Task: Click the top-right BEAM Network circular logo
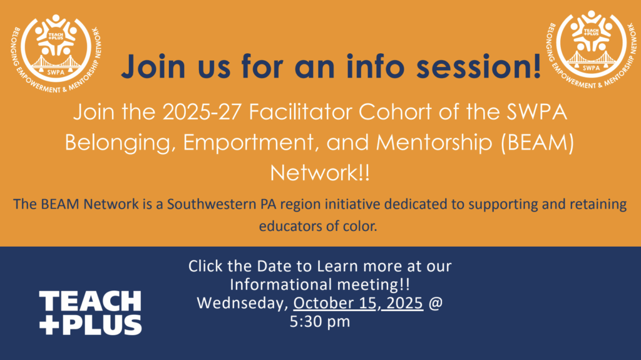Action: pos(591,49)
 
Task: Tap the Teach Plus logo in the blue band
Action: pos(90,313)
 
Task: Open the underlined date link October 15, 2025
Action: pos(358,303)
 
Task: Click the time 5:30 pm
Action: pos(320,322)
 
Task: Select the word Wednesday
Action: pos(243,303)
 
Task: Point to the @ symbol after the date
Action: pos(436,303)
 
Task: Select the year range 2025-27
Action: pos(202,111)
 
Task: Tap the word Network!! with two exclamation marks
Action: pos(320,173)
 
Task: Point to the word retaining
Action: pos(598,204)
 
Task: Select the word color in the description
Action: pos(357,226)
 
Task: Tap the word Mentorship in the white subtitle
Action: pos(434,143)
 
